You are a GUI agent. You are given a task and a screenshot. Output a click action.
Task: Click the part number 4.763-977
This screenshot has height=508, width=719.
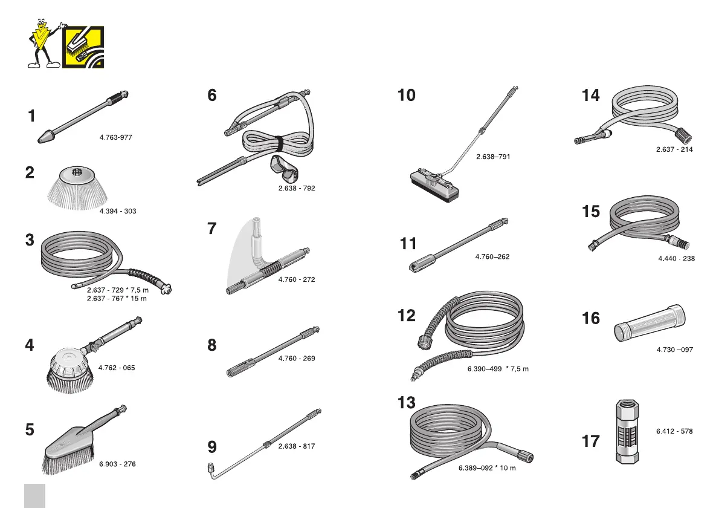point(115,138)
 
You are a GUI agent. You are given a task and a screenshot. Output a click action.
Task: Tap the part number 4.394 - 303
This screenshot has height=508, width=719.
point(118,211)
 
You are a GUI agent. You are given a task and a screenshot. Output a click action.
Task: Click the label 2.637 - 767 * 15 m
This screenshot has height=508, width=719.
point(117,298)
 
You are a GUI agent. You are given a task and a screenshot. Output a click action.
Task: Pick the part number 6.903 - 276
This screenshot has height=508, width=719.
point(117,464)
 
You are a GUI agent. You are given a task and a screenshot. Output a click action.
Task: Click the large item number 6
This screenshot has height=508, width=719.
point(212,96)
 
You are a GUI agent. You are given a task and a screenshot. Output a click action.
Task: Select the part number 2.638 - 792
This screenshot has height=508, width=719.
point(297,188)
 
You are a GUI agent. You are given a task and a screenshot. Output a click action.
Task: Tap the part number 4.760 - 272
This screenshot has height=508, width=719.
point(297,279)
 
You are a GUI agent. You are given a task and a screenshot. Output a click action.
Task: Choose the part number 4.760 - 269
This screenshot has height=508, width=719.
point(297,359)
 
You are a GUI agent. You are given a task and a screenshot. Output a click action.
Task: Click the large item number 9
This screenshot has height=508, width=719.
point(212,448)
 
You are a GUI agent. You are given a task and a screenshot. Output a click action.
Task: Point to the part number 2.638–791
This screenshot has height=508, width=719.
point(493,157)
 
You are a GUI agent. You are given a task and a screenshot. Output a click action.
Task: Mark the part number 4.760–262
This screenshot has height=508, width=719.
point(492,257)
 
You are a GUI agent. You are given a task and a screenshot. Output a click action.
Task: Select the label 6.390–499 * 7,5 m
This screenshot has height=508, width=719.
point(498,369)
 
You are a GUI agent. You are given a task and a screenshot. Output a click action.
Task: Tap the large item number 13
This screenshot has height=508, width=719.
point(407,402)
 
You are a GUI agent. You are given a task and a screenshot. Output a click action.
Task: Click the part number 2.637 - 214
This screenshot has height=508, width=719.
point(674,149)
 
